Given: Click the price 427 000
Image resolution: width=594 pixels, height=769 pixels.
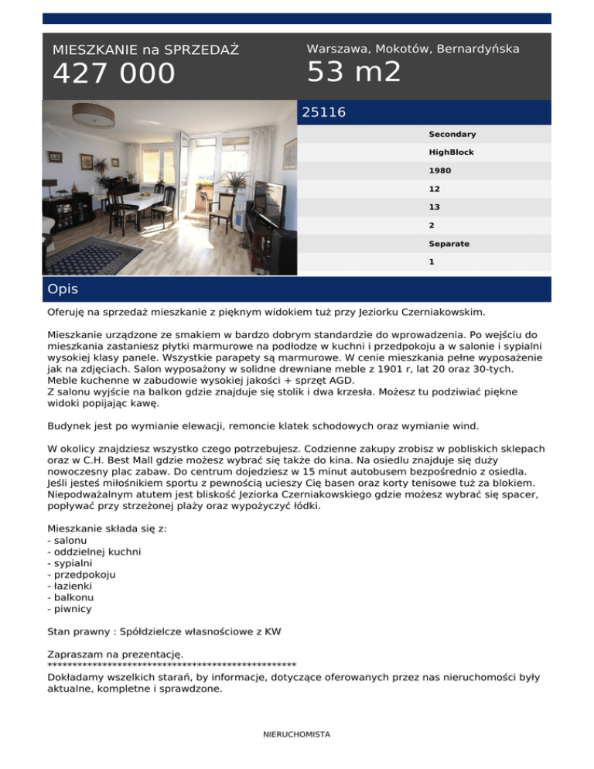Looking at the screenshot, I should (x=114, y=74).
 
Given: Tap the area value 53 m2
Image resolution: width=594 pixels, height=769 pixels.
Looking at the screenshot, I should (x=353, y=72).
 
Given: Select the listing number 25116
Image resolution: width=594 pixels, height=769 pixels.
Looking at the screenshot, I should (x=323, y=113).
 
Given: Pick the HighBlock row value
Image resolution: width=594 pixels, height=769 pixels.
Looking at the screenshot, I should (x=452, y=152).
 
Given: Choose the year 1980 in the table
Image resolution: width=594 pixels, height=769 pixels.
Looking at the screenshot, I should (x=440, y=170).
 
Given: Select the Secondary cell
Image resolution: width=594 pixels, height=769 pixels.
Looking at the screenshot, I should (x=452, y=134).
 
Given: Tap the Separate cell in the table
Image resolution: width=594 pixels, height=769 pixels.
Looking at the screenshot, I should (x=449, y=244).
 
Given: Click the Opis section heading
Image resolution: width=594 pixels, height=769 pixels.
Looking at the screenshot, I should (x=62, y=289).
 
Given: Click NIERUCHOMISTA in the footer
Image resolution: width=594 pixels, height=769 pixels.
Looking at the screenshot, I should (x=296, y=734).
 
